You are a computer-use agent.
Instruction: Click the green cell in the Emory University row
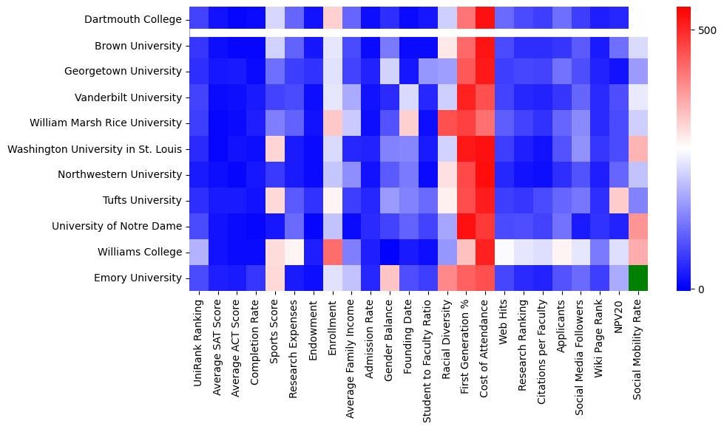[638, 278]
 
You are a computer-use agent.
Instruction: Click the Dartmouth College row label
[133, 20]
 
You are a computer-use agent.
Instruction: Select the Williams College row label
[139, 253]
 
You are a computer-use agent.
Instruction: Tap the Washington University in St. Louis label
[94, 149]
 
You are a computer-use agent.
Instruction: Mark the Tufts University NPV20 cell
[619, 201]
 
